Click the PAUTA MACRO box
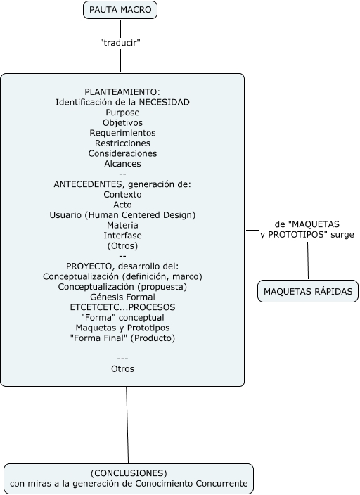120,10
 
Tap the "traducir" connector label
121,43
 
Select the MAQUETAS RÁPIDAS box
307,291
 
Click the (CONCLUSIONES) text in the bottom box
129,473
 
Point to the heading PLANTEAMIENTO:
122,92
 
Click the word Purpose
122,112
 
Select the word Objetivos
122,122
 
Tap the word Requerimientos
122,133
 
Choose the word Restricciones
122,143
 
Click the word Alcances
122,164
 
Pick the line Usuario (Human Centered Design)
122,214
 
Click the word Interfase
122,236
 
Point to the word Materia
122,225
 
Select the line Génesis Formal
122,297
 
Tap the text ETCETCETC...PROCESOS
122,307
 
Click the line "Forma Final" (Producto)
122,337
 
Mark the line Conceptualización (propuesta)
122,287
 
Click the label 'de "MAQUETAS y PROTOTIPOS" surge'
307,229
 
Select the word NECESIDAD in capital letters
163,102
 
